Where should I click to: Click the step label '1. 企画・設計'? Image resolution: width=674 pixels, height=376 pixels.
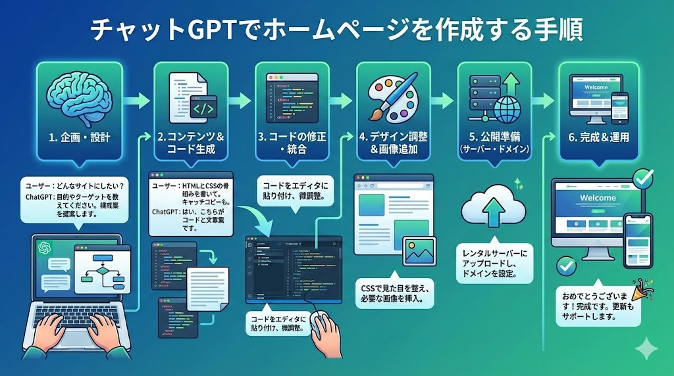pos(78,138)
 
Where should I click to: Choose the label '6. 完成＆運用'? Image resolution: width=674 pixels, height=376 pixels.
pos(600,138)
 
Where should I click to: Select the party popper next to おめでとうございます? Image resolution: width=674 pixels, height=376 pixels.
pos(637,289)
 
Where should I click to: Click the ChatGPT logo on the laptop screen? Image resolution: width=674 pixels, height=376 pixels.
pos(45,248)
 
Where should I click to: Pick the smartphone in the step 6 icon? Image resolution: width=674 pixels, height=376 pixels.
pos(619,106)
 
